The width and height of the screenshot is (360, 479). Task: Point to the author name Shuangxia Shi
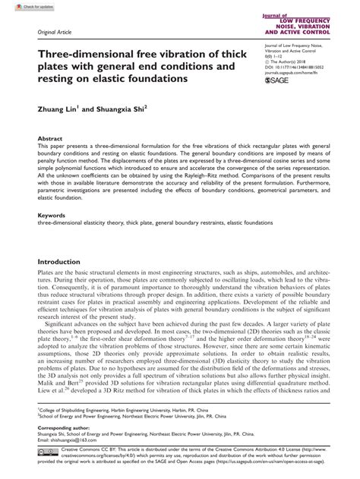click(125, 109)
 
